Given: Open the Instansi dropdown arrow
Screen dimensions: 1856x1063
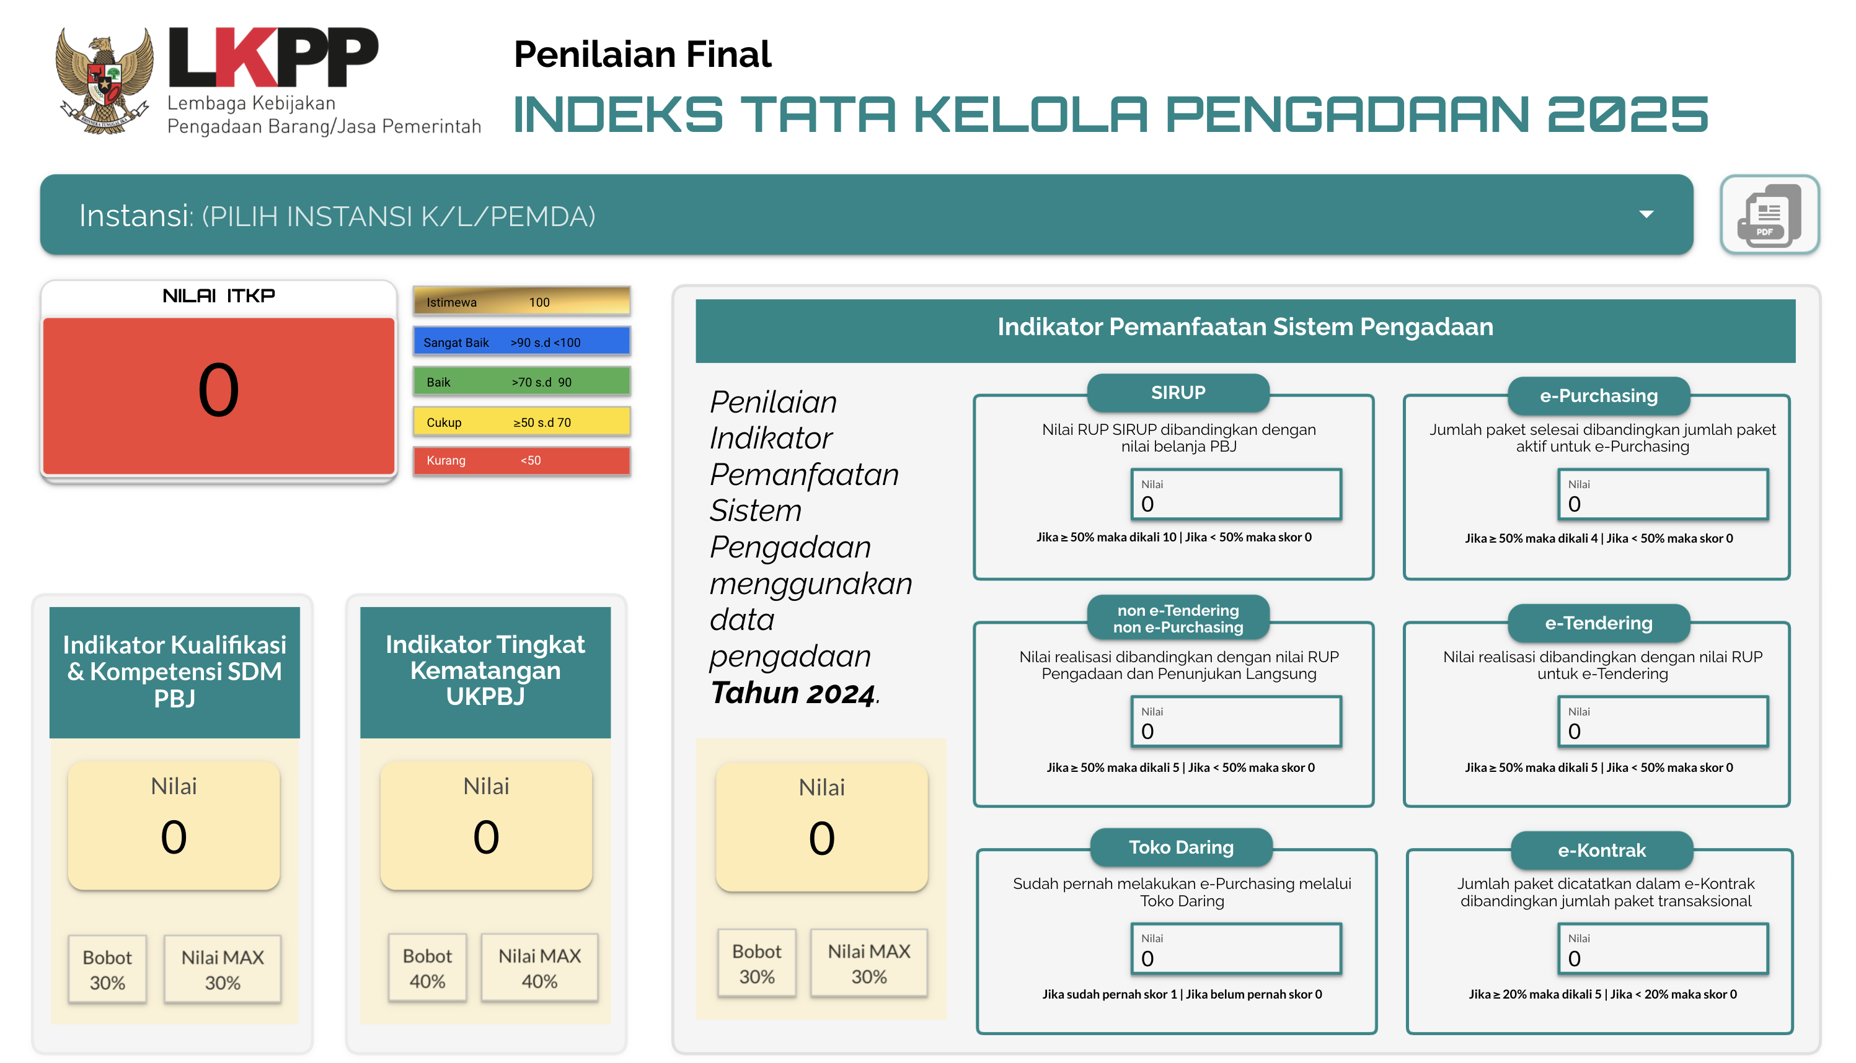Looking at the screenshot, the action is pyautogui.click(x=1646, y=214).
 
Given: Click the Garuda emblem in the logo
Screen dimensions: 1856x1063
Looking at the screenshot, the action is pyautogui.click(x=105, y=81).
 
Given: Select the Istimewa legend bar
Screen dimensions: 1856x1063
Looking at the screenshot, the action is pyautogui.click(x=521, y=302).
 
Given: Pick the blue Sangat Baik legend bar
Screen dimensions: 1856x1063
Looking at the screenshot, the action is pyautogui.click(x=521, y=342).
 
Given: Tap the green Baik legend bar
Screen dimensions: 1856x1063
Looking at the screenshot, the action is pyautogui.click(x=521, y=382).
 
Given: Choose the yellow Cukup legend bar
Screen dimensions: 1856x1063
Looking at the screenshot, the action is pyautogui.click(x=521, y=422).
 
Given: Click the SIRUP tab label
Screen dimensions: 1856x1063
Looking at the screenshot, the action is pyautogui.click(x=1178, y=393).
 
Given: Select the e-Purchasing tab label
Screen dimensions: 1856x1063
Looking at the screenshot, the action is pyautogui.click(x=1599, y=396).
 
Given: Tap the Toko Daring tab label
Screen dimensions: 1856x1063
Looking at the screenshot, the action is pyautogui.click(x=1181, y=847).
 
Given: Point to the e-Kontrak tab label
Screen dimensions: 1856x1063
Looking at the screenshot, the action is pyautogui.click(x=1602, y=850).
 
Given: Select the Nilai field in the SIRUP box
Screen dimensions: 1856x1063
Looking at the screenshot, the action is pyautogui.click(x=1237, y=494).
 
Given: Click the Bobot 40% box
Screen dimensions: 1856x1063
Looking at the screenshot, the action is pyautogui.click(x=427, y=968).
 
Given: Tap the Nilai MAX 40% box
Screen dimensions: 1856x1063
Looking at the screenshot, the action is pyautogui.click(x=540, y=968).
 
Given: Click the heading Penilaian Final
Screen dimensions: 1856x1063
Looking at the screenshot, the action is pyautogui.click(x=643, y=54).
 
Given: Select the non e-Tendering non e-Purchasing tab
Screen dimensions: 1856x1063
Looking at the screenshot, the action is pyautogui.click(x=1178, y=618).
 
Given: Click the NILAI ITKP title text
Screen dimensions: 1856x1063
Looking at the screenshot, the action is pyautogui.click(x=218, y=295).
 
